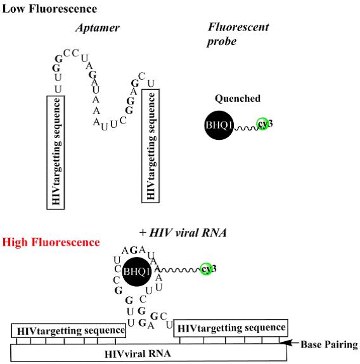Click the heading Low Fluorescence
[49, 9]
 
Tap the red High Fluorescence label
[51, 242]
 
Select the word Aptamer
[98, 28]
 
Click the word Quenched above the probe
[238, 99]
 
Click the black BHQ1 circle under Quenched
[219, 125]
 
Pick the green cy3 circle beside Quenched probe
[262, 124]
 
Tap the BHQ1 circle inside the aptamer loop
[137, 272]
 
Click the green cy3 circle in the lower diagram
[206, 269]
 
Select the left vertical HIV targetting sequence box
[56, 153]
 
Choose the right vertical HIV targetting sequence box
[151, 146]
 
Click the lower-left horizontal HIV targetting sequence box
[68, 330]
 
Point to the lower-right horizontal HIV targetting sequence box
[231, 328]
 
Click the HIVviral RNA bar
[148, 353]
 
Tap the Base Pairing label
[329, 345]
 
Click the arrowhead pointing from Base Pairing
[283, 342]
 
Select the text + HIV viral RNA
[183, 232]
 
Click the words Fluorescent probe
[238, 34]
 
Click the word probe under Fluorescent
[222, 42]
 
